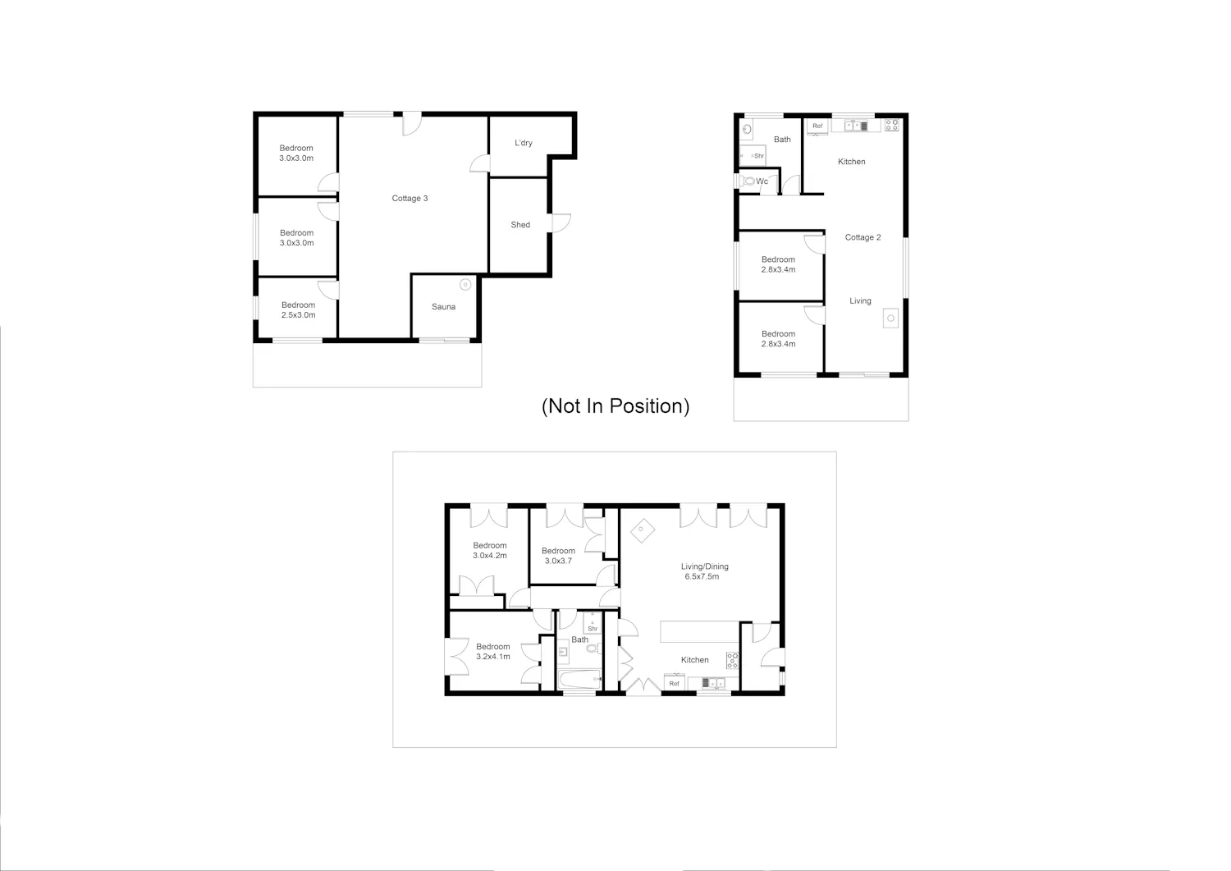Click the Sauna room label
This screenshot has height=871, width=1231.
pyautogui.click(x=443, y=307)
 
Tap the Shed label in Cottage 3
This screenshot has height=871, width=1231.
pyautogui.click(x=520, y=225)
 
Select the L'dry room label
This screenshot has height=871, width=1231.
pyautogui.click(x=524, y=143)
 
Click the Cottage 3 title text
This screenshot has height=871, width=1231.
pyautogui.click(x=410, y=199)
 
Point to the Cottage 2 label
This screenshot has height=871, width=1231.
pyautogui.click(x=863, y=237)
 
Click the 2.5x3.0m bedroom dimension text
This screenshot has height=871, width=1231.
pyautogui.click(x=299, y=315)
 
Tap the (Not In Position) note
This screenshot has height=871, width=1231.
pyautogui.click(x=615, y=406)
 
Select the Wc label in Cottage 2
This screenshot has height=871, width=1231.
pyautogui.click(x=762, y=181)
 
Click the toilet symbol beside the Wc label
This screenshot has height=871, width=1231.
pyautogui.click(x=748, y=181)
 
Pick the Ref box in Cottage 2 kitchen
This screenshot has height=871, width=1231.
pyautogui.click(x=817, y=126)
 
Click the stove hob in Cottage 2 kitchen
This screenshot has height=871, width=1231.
pyautogui.click(x=892, y=125)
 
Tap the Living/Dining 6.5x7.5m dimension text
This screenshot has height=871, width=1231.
pyautogui.click(x=702, y=577)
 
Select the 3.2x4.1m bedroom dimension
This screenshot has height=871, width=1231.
pyautogui.click(x=493, y=657)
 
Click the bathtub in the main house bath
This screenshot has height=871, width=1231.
pyautogui.click(x=579, y=680)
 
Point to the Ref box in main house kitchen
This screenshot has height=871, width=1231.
pyautogui.click(x=675, y=683)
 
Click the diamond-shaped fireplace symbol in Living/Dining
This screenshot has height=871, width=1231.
pyautogui.click(x=642, y=530)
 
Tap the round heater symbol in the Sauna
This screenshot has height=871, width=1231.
pyautogui.click(x=465, y=284)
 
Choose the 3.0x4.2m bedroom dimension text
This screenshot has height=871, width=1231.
pyautogui.click(x=490, y=556)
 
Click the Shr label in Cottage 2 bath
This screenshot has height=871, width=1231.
pyautogui.click(x=759, y=156)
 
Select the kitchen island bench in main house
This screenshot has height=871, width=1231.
pyautogui.click(x=699, y=632)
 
